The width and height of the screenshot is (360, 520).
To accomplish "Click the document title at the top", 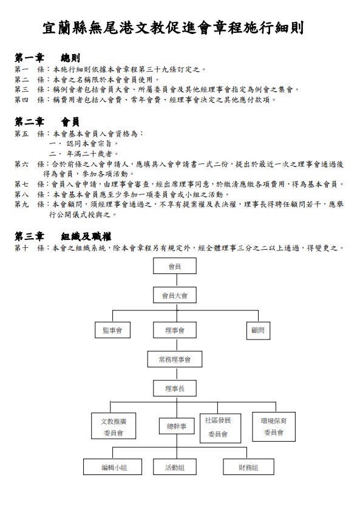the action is tap(172, 28).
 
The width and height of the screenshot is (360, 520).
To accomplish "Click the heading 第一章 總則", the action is tap(47, 58).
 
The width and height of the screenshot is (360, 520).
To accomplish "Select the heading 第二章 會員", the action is tap(47, 121).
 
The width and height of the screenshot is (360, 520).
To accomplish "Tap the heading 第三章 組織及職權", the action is tap(63, 236).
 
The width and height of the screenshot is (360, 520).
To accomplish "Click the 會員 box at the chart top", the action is tap(175, 266).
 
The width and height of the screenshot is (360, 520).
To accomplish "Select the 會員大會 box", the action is tap(175, 295).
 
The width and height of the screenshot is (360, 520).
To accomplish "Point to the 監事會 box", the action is tap(112, 330).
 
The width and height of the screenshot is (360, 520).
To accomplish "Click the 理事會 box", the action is tap(175, 330).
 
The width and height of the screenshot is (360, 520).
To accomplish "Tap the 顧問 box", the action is tap(258, 330).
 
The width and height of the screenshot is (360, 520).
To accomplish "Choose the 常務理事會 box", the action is tap(175, 359).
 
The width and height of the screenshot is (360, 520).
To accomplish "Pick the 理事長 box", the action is tap(175, 388).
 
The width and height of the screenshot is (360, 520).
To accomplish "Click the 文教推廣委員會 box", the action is tap(114, 426).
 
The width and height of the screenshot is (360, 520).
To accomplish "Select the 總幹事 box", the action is tap(176, 426).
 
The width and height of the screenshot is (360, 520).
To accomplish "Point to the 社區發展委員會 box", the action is tap(220, 428).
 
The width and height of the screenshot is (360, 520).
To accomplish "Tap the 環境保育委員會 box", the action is tap(274, 427).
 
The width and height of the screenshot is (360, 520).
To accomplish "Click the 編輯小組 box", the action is tap(112, 467).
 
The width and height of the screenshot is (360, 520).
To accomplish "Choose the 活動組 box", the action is tap(175, 467).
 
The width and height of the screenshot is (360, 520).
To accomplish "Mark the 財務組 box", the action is tap(248, 467).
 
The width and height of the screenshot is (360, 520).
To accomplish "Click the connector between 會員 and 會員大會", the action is tap(177, 281).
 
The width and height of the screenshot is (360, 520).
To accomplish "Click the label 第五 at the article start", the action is tap(21, 134).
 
